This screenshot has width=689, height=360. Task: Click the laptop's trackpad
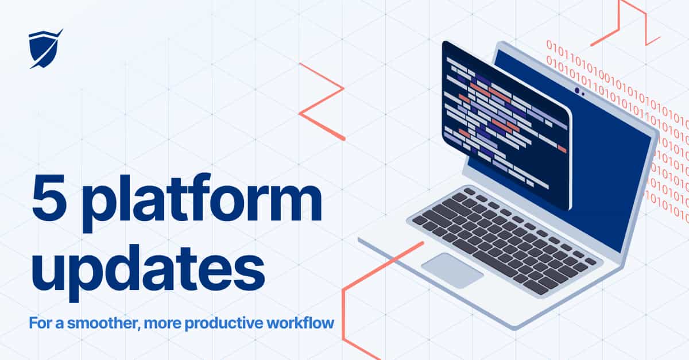(x=452, y=270)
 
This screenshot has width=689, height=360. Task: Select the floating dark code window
(x=505, y=123)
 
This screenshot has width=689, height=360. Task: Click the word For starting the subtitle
(x=40, y=323)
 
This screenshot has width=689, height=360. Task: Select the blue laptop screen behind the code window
(x=609, y=172)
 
